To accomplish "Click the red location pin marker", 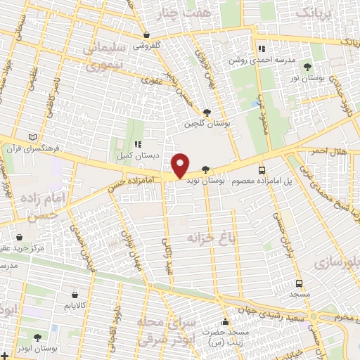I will point(181,165).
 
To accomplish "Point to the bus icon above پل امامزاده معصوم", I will point(262,170).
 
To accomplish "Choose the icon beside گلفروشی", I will point(146,34).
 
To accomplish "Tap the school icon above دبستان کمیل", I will point(139,143).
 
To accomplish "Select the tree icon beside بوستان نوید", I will point(205,169).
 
